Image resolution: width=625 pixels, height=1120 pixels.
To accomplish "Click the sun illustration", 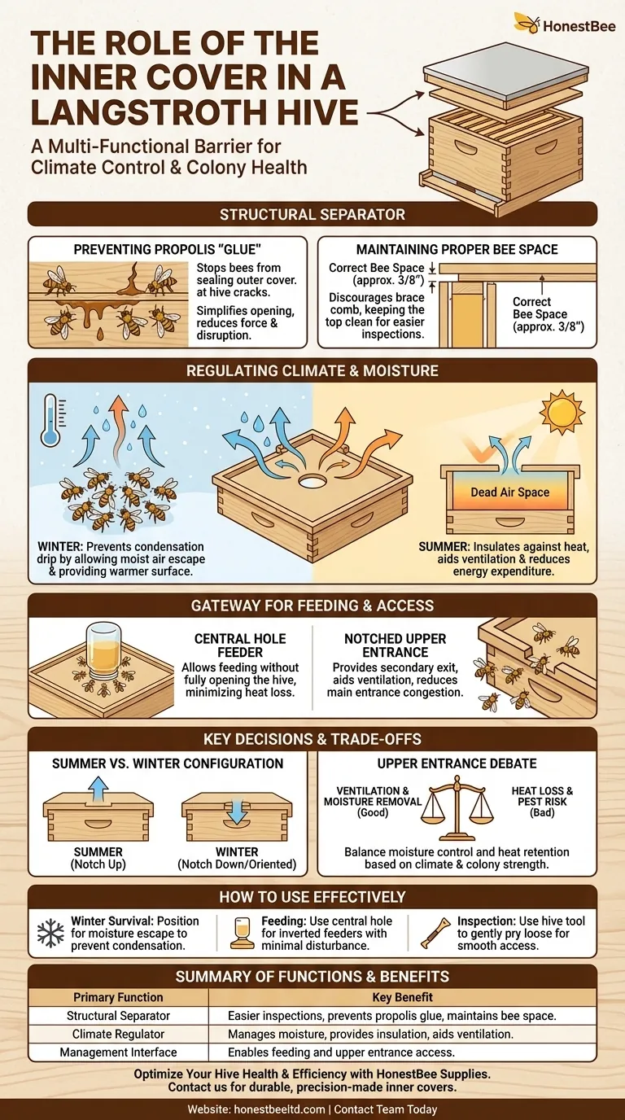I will click(x=562, y=413).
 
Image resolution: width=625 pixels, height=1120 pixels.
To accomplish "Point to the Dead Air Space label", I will click(x=509, y=492).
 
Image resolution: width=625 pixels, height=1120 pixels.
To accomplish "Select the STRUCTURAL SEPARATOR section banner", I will click(x=312, y=215).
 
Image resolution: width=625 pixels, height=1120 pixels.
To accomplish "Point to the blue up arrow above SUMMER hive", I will click(x=98, y=788).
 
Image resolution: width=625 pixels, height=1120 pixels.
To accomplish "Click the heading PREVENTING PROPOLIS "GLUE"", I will click(x=167, y=249).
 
